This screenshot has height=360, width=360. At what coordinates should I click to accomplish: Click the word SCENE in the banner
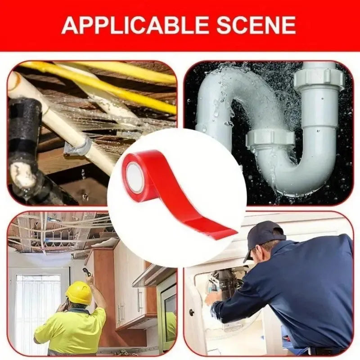pyautogui.click(x=256, y=25)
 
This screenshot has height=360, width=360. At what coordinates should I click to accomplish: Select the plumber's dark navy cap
pyautogui.click(x=262, y=239)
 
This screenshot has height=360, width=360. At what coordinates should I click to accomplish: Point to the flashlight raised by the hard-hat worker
pyautogui.click(x=86, y=272)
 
